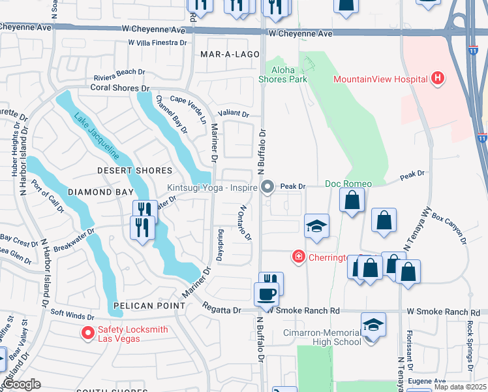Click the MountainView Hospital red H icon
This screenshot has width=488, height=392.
pyautogui.click(x=438, y=79)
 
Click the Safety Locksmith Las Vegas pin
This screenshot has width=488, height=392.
pyautogui.click(x=87, y=333)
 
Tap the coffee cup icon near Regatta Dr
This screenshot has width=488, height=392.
pyautogui.click(x=266, y=294)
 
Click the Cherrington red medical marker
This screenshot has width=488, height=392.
pyautogui.click(x=299, y=257)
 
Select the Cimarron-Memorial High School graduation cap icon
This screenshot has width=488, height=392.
pyautogui.click(x=373, y=324)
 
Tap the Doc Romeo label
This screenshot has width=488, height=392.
pyautogui.click(x=348, y=184)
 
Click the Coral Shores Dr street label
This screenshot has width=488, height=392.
pyautogui.click(x=119, y=88)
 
